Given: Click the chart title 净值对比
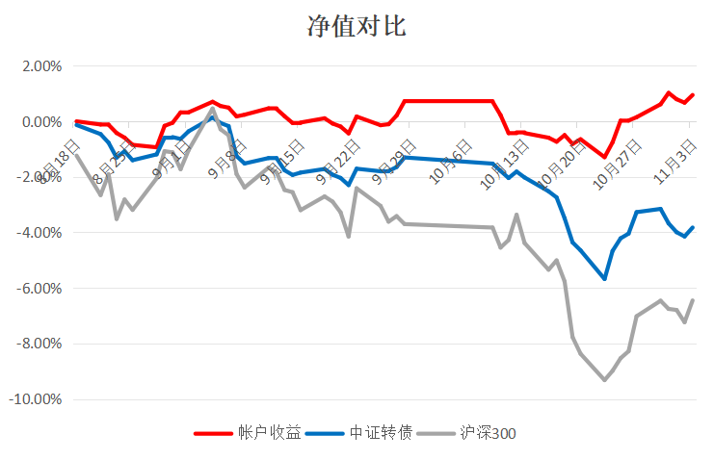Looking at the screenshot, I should (357, 26).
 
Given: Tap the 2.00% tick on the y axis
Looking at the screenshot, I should (41, 66).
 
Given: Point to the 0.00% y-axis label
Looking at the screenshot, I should (41, 122).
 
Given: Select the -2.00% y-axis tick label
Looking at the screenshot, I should (40, 178).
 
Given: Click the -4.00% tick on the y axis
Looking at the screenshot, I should (40, 233).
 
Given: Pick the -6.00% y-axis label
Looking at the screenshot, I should (40, 289).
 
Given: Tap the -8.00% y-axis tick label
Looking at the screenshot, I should (40, 344).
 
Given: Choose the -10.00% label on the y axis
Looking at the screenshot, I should (37, 399).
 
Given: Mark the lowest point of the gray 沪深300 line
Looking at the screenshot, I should (604, 380).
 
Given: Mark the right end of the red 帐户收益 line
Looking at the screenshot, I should (693, 95).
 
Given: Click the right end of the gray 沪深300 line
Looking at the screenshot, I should (693, 300).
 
